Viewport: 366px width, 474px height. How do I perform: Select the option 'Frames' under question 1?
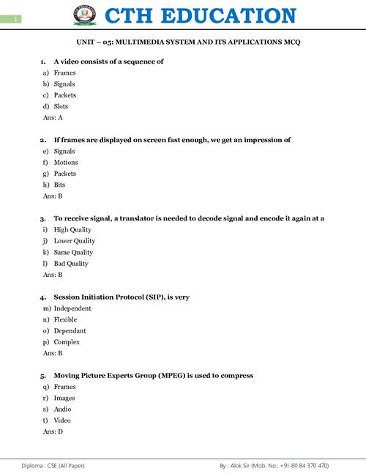point(64,73)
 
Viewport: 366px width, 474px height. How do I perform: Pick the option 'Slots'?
point(61,106)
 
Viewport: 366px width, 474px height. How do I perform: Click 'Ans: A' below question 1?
point(53,117)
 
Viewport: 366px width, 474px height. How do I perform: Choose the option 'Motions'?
point(66,163)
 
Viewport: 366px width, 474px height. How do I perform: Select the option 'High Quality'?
point(72,229)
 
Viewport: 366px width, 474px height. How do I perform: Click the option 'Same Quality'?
point(73,252)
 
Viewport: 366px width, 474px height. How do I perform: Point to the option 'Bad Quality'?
point(71,263)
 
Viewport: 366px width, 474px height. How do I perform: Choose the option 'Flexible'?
point(65,319)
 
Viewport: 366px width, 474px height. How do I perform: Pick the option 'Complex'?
point(67,342)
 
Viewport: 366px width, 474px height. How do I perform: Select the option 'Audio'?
point(63,409)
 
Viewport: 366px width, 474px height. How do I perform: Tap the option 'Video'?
point(62,421)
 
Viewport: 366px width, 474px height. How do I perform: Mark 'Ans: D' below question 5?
point(53,432)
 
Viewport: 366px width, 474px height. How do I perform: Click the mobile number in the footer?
point(300,465)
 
